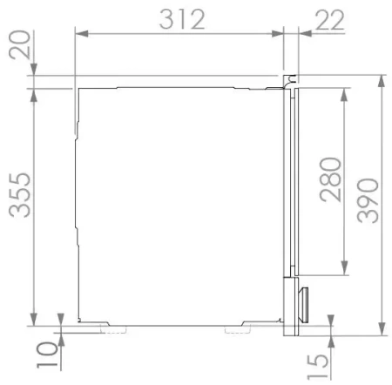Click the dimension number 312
pos(182,19)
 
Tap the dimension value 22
pos(330,20)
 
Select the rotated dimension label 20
pos(20,44)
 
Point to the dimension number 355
pos(20,195)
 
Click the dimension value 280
pos(330,179)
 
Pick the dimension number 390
pos(368,200)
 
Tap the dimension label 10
pos(47,355)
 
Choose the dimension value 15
pos(318,367)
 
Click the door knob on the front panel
pos(303,305)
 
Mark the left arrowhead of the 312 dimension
pos(82,34)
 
